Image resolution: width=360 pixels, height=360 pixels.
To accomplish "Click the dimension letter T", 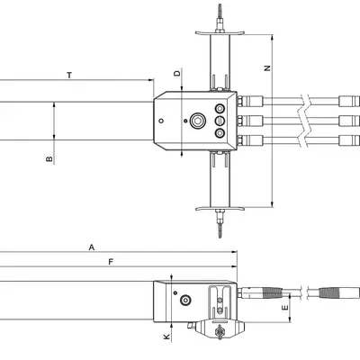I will click(x=69, y=76).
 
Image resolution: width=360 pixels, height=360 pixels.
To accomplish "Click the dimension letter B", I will click(x=49, y=159).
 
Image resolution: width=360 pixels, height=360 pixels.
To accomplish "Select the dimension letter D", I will click(x=177, y=72).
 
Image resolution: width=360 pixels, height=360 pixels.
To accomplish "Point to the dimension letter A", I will click(x=91, y=246).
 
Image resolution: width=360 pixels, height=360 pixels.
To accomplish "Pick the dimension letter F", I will click(x=110, y=262).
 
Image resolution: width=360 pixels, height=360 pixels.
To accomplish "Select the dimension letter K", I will click(x=166, y=337).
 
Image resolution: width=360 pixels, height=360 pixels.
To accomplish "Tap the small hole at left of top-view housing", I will click(x=160, y=121).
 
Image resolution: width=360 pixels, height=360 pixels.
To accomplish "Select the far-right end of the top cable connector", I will click(x=355, y=101).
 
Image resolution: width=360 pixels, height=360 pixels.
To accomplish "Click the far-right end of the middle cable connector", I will click(x=355, y=121).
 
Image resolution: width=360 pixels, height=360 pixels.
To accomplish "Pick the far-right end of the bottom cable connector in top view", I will click(x=355, y=139).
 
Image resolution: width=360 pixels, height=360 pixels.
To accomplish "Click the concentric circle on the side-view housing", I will click(x=185, y=301).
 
